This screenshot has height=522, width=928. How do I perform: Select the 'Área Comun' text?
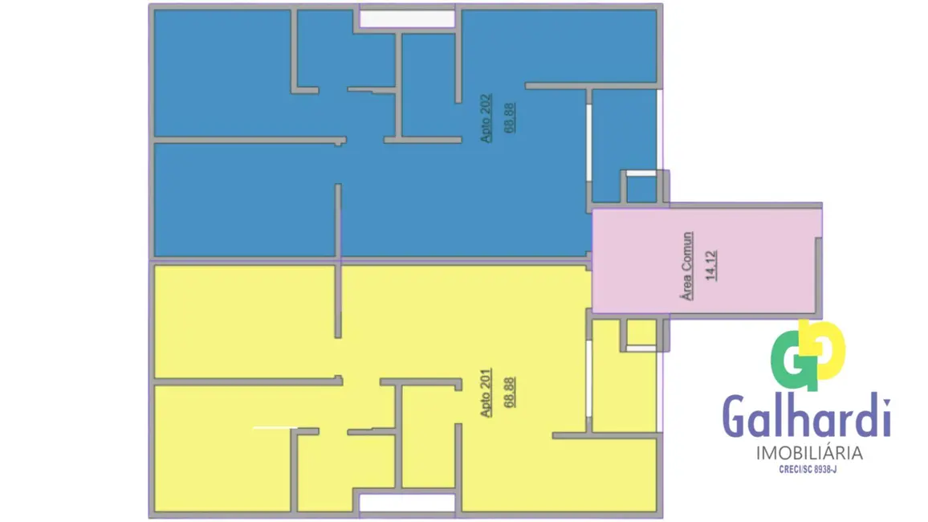tap(687, 266)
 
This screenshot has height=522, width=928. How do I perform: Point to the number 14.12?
tap(710, 265)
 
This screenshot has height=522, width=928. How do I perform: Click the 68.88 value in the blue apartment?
tap(508, 117)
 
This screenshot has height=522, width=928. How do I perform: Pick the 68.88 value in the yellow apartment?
tap(508, 390)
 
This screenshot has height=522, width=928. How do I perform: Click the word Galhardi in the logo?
tap(807, 416)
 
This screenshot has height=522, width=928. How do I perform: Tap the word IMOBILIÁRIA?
tap(809, 453)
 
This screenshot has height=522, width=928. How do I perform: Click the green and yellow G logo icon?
tap(807, 355)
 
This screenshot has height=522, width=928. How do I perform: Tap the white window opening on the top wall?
tap(407, 18)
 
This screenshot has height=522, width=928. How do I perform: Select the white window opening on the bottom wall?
tap(407, 503)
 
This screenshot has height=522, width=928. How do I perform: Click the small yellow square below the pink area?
tap(641, 332)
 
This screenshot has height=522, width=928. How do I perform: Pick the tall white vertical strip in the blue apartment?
tap(590, 145)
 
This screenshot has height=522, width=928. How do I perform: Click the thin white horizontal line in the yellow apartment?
tap(275, 428)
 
